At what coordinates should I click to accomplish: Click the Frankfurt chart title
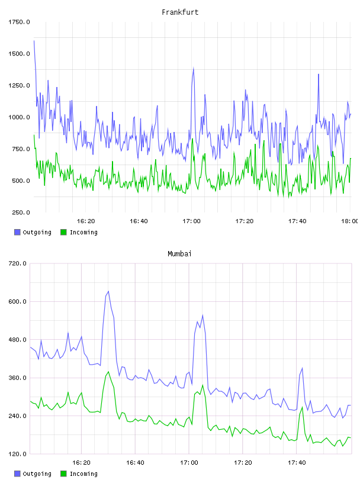pos(180,12)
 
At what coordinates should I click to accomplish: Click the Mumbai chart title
pos(179,254)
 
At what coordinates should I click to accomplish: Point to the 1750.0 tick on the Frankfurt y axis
pos(19,22)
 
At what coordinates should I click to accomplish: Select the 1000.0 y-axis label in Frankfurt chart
pos(19,117)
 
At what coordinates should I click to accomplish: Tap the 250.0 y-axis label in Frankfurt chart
pos(21,212)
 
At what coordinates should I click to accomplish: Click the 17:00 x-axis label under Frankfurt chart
pos(191,221)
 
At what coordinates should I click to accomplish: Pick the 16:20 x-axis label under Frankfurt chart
pos(86,221)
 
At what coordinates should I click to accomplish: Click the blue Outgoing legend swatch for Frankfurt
pos(17,232)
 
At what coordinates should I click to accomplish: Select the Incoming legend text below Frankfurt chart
pos(83,233)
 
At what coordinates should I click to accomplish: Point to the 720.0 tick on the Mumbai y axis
pos(17,263)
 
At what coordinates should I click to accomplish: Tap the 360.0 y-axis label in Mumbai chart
pos(17,378)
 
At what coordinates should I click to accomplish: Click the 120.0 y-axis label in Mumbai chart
pos(17,454)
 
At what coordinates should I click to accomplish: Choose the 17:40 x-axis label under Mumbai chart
pos(297,463)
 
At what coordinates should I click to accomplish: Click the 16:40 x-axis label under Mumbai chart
pos(135,463)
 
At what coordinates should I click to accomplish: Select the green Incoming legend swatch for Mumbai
pos(63,474)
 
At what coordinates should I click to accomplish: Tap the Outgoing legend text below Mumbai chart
pos(37,474)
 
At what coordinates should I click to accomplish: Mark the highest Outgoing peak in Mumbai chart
pos(108,291)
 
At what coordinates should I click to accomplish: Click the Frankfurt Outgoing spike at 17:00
pos(193,69)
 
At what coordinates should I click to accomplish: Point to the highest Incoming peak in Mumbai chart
pos(108,372)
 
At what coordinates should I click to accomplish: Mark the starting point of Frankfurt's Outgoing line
pos(34,41)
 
